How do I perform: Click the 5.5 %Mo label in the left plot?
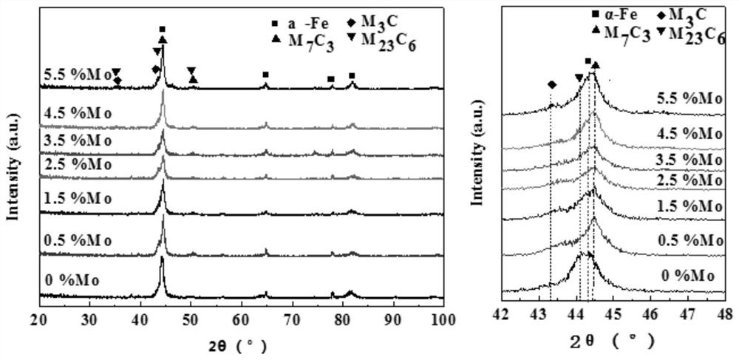[77, 75]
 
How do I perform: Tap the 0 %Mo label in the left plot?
[72, 280]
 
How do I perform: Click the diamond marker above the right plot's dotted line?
[551, 84]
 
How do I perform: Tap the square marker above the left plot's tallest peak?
[163, 30]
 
